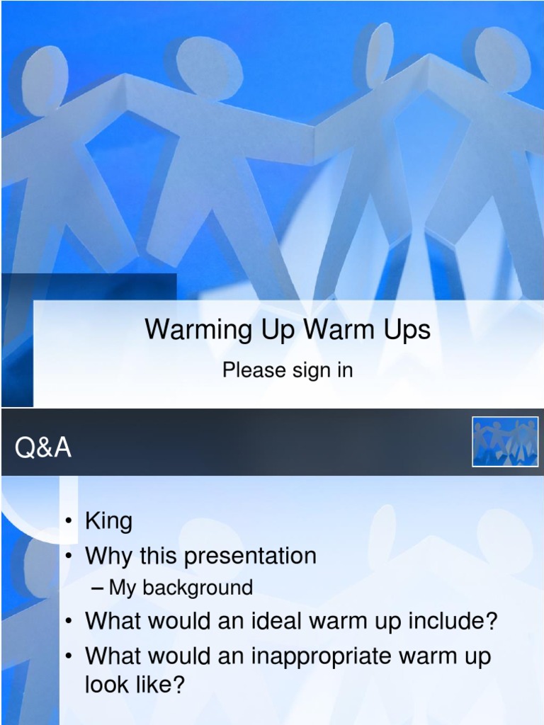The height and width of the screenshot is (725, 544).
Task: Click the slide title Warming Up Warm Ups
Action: [288, 330]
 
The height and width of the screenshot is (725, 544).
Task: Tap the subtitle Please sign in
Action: [288, 370]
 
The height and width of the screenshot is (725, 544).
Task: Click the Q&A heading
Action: [43, 448]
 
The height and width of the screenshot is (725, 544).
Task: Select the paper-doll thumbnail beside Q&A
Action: [505, 442]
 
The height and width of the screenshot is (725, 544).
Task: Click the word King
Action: [108, 522]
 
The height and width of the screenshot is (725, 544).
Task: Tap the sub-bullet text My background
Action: [181, 588]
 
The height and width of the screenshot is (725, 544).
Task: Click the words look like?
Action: [135, 685]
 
